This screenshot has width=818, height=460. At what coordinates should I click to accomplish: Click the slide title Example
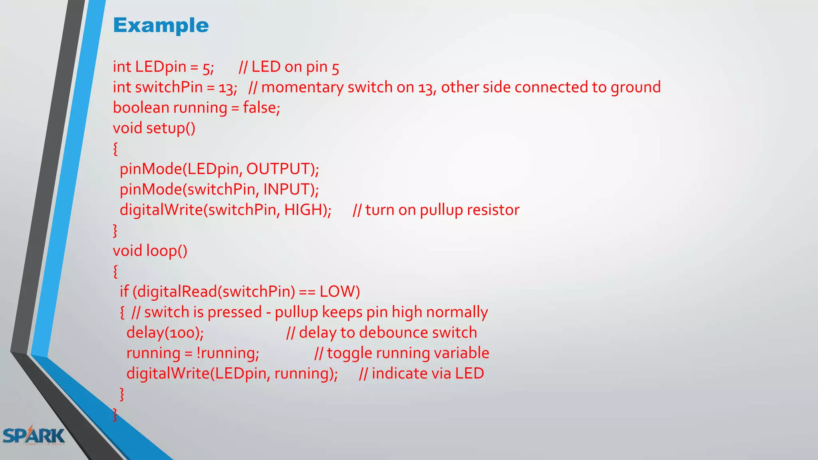pos(161,26)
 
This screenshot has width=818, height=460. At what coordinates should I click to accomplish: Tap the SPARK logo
pos(34,436)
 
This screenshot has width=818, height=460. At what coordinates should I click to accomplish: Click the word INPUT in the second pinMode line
pos(286,189)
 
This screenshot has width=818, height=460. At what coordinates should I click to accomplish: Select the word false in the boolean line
pos(260,108)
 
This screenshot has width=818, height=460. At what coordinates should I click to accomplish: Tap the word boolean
pos(141,108)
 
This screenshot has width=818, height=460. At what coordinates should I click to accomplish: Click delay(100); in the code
pos(165,333)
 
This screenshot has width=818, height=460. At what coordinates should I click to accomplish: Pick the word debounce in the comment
pos(386,333)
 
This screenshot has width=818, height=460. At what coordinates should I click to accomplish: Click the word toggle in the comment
pos(349,353)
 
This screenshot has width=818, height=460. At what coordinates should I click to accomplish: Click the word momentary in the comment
pos(302,87)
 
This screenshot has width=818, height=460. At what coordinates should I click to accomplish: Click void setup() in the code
pos(154,128)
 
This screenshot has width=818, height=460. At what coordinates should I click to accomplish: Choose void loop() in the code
pos(150,251)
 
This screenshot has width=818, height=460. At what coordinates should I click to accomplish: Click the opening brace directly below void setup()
pos(115,149)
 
